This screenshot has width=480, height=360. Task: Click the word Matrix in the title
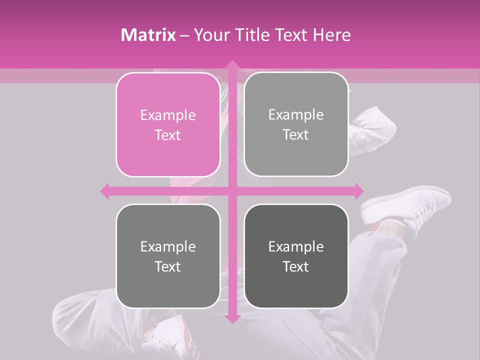148,35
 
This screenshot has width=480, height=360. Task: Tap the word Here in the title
331,35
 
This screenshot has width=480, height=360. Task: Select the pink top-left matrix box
168,125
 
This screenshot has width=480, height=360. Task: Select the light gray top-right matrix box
296,124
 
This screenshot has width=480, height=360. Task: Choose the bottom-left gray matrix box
168,256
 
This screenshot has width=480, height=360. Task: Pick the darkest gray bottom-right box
296,256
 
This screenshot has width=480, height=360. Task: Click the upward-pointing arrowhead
232,65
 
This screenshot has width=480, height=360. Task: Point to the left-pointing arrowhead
105,190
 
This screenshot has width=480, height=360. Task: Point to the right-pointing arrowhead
358,190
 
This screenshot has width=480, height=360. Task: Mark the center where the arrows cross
232,190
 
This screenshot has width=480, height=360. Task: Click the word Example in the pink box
168,115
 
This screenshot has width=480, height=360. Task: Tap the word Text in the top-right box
296,134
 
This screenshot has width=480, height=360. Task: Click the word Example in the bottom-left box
168,246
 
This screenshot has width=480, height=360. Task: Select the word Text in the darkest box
296,266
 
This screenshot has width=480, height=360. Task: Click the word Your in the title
209,35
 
